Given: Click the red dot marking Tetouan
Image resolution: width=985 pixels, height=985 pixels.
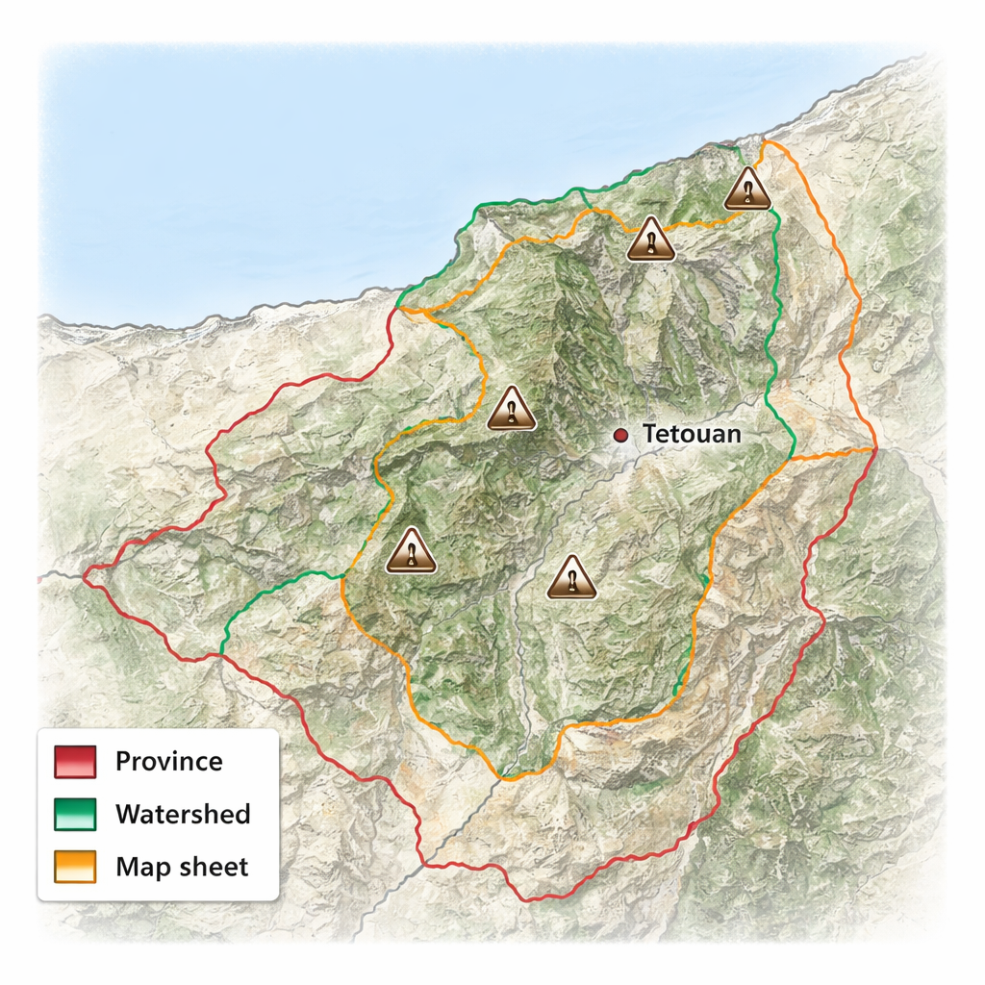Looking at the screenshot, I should [x=621, y=436].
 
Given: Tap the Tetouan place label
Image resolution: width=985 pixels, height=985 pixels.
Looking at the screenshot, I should [x=692, y=434].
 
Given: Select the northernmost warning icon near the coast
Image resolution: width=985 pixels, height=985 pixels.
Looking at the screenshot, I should [x=747, y=189].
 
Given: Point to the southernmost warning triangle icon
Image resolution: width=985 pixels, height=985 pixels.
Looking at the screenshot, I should [x=571, y=578].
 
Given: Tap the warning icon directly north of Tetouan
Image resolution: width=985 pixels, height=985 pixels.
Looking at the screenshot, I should [x=650, y=240].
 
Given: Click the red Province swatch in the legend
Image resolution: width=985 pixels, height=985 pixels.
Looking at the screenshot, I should [x=75, y=762].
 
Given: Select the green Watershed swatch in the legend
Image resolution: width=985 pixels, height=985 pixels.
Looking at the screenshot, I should [x=75, y=815].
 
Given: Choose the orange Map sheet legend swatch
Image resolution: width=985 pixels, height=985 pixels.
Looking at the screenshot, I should [x=75, y=867].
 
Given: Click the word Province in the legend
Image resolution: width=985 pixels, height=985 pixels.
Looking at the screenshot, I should [x=168, y=762].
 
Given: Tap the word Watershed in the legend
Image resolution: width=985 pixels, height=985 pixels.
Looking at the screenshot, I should [x=183, y=815].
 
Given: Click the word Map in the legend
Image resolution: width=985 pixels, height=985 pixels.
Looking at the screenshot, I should [x=137, y=867].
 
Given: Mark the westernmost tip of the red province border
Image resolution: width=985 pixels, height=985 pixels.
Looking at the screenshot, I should [x=85, y=576].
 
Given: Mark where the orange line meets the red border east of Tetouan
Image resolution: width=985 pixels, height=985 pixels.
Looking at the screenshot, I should [x=873, y=449].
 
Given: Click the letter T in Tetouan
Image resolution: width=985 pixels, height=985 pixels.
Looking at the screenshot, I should [x=649, y=434].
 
